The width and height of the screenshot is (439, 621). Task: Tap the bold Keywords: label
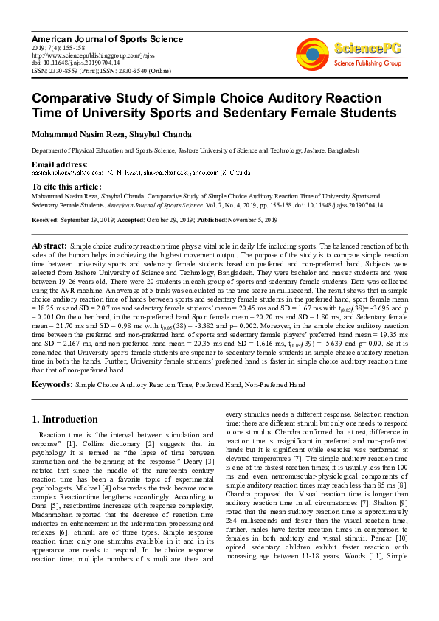click(52, 384)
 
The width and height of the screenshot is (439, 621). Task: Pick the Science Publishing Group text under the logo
click(367, 64)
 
